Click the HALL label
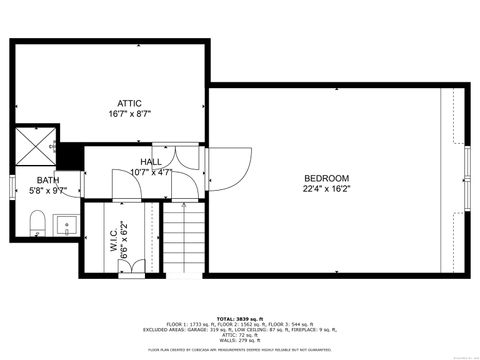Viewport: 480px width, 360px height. pyautogui.click(x=150, y=161)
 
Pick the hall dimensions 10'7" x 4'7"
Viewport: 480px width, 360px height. pyautogui.click(x=150, y=172)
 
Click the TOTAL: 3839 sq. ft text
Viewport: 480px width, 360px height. pyautogui.click(x=239, y=316)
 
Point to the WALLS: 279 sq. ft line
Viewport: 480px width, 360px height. pyautogui.click(x=239, y=339)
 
